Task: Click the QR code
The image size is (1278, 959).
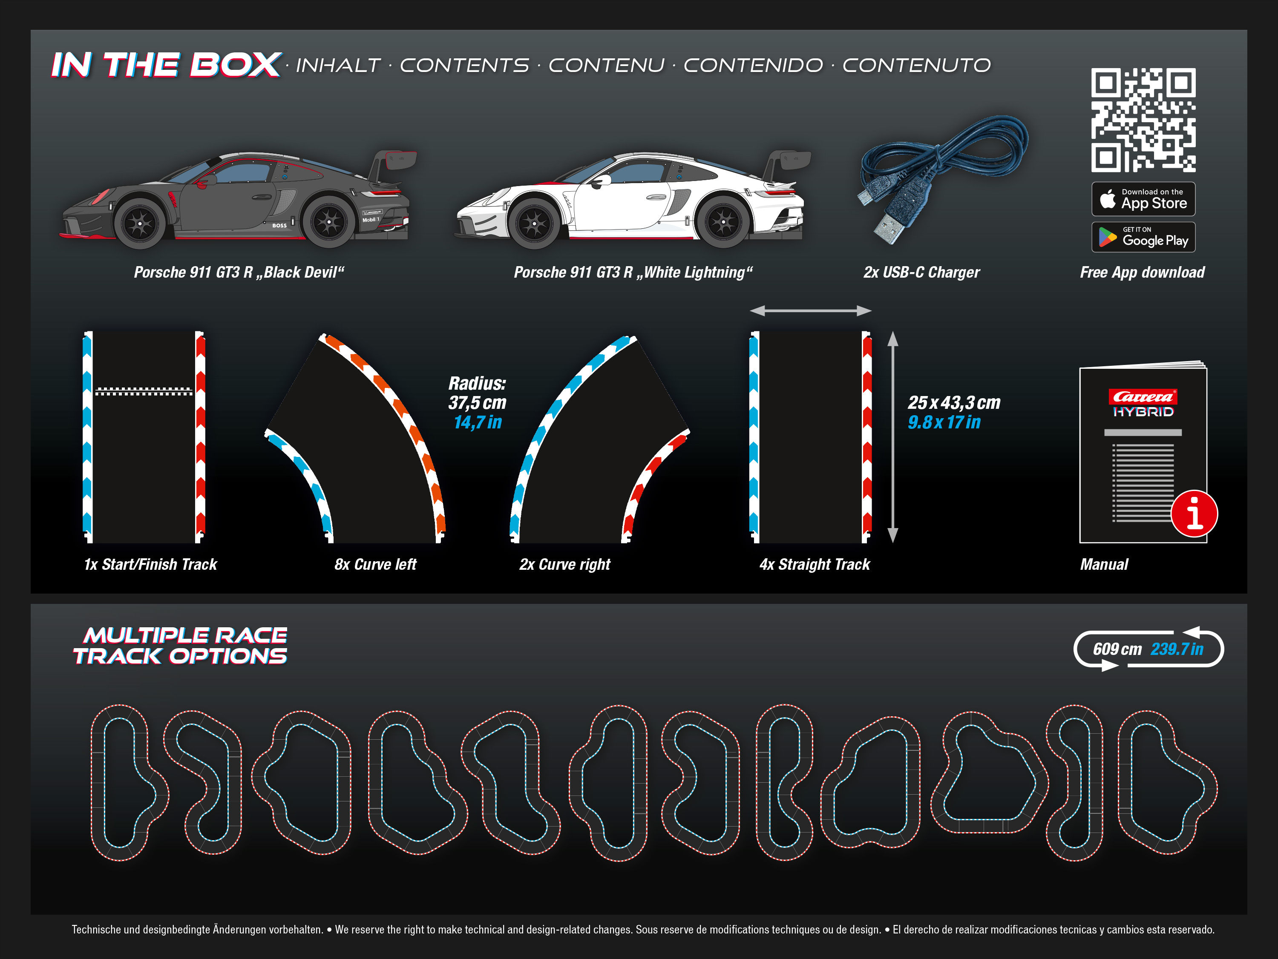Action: (1143, 120)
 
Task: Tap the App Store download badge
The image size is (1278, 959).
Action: (1143, 199)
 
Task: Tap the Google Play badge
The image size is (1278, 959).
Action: (1143, 237)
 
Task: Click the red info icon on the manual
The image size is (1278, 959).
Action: (1194, 514)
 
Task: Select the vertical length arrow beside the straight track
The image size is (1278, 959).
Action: (892, 437)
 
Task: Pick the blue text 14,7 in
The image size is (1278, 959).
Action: (477, 422)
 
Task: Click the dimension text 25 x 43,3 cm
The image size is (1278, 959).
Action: (954, 403)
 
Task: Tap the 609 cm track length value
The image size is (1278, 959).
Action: (1117, 649)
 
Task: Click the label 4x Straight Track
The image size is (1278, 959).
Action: (815, 564)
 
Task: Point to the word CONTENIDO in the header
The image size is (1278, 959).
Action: (754, 65)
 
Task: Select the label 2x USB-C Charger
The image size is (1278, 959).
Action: (921, 272)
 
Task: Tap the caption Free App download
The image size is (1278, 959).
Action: (1142, 272)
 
